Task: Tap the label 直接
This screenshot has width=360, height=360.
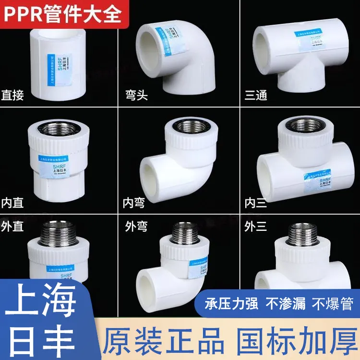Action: (13, 95)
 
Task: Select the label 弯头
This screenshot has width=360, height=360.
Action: (135, 95)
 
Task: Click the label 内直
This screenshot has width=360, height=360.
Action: (13, 203)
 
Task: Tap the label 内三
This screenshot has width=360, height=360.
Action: (255, 203)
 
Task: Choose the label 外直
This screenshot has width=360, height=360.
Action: (13, 226)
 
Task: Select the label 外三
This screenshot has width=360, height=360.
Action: (255, 226)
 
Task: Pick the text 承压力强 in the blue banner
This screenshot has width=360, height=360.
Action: (232, 303)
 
